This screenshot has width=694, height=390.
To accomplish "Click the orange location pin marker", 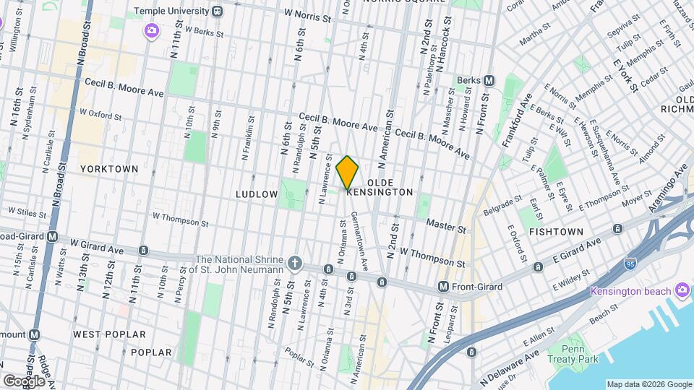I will pos(348,173).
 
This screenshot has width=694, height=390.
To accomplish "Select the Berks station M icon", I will pos(489,80).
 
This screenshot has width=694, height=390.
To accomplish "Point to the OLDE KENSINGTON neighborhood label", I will pos(380,188).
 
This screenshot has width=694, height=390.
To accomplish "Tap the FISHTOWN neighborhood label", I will pos(555,232).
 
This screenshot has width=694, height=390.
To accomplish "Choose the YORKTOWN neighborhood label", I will pos(109,169).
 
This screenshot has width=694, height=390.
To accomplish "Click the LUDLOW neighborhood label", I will pos(257,194).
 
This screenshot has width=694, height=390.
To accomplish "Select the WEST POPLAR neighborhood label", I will pos(109,335).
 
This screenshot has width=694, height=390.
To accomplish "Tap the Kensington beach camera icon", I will pos(681,290).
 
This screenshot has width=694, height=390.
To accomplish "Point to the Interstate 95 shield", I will pos(630,265).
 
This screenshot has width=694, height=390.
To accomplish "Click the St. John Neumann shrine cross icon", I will pos(294,263).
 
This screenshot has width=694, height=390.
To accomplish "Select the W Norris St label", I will pos(312,14).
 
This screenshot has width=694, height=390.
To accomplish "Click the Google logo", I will pos(24,381).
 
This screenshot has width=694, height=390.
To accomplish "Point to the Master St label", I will pos(445,227).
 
